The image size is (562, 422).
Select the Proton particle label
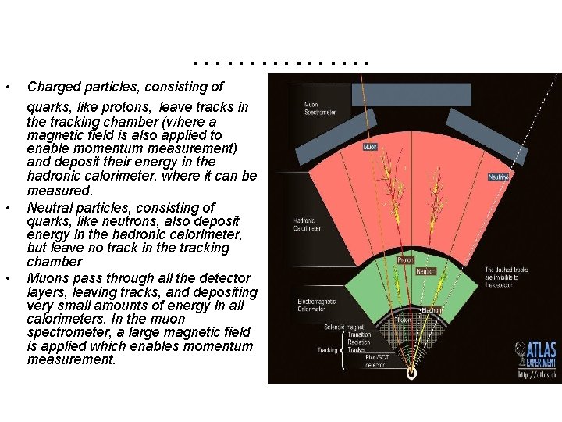(x=405, y=259)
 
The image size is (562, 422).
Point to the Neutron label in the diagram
(x=426, y=272)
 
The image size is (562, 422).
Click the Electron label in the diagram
(x=432, y=310)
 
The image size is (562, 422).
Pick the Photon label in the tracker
(x=403, y=319)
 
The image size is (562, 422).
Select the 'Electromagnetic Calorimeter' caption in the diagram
(x=318, y=305)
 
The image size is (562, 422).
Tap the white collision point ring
(x=411, y=374)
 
